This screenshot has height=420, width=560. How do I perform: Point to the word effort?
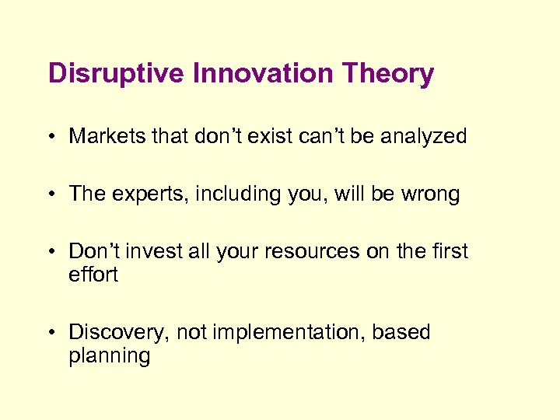point(93,275)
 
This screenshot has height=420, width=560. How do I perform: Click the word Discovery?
point(118,333)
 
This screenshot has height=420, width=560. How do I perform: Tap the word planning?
point(109,357)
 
